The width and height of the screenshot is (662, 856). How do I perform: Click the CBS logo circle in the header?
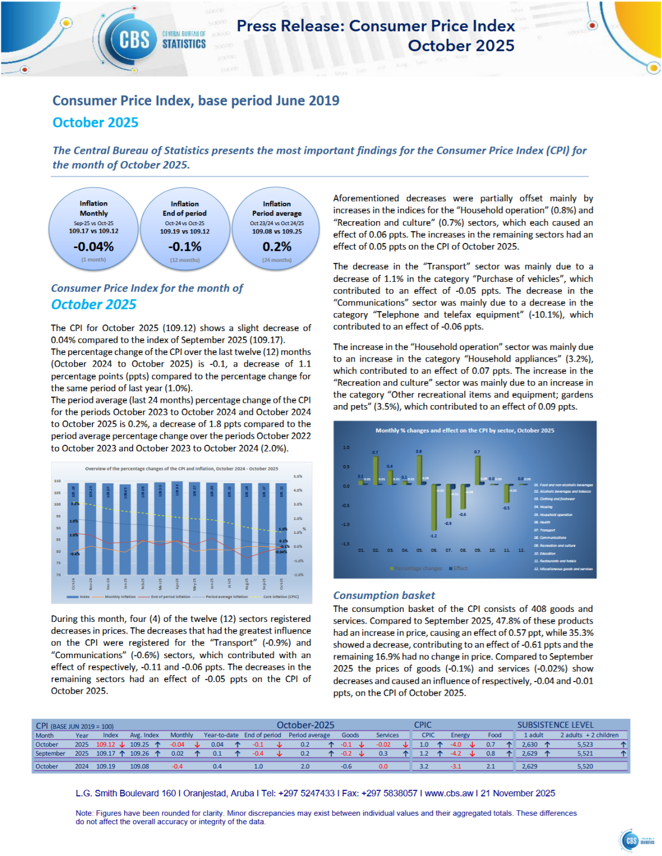tap(134, 40)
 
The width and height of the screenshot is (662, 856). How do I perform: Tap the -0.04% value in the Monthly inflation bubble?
tap(94, 246)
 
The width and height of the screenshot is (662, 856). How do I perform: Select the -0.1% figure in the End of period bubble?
tap(185, 246)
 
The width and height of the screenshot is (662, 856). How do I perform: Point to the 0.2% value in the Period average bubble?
tap(277, 246)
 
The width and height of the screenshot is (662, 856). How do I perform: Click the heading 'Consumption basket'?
tap(384, 595)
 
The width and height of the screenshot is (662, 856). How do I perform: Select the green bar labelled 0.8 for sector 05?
tap(419, 470)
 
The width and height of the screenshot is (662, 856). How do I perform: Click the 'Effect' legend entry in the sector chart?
tap(460, 568)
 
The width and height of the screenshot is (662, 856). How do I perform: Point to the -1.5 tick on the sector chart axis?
tap(346, 543)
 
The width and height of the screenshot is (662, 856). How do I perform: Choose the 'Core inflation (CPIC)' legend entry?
tap(281, 596)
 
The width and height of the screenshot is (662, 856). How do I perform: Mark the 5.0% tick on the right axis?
tap(298, 476)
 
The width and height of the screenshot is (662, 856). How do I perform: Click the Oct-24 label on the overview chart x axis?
tap(73, 583)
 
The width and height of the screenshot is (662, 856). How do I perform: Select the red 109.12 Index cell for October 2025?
tap(105, 745)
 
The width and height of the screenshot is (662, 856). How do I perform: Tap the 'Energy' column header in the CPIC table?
tap(460, 735)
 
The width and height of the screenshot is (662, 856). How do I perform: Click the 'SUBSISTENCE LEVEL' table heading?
tap(555, 725)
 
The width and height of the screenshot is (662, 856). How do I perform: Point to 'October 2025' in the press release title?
tap(461, 46)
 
